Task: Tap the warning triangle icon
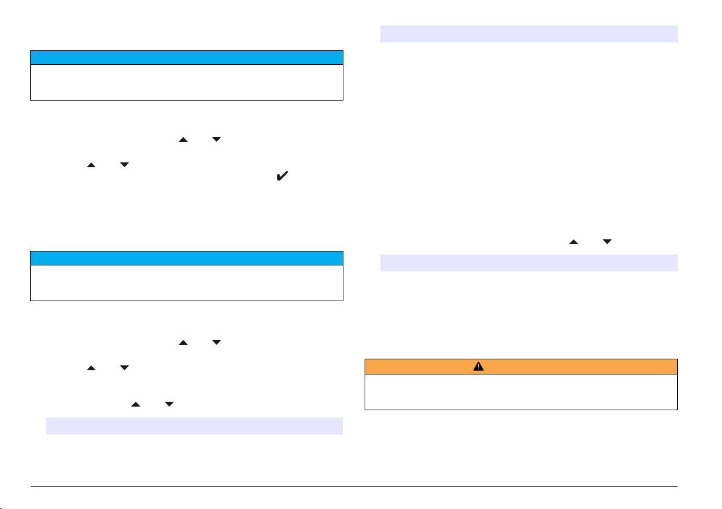point(479,367)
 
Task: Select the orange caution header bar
point(521,367)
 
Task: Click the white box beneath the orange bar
point(521,392)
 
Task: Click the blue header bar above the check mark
point(187,58)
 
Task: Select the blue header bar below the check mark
point(187,258)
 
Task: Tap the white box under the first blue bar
point(187,82)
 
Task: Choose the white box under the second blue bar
point(187,283)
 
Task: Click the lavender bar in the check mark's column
point(194,426)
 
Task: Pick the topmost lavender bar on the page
point(528,34)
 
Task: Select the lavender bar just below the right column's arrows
point(528,263)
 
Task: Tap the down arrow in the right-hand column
point(607,242)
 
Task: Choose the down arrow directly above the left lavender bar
point(170,403)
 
